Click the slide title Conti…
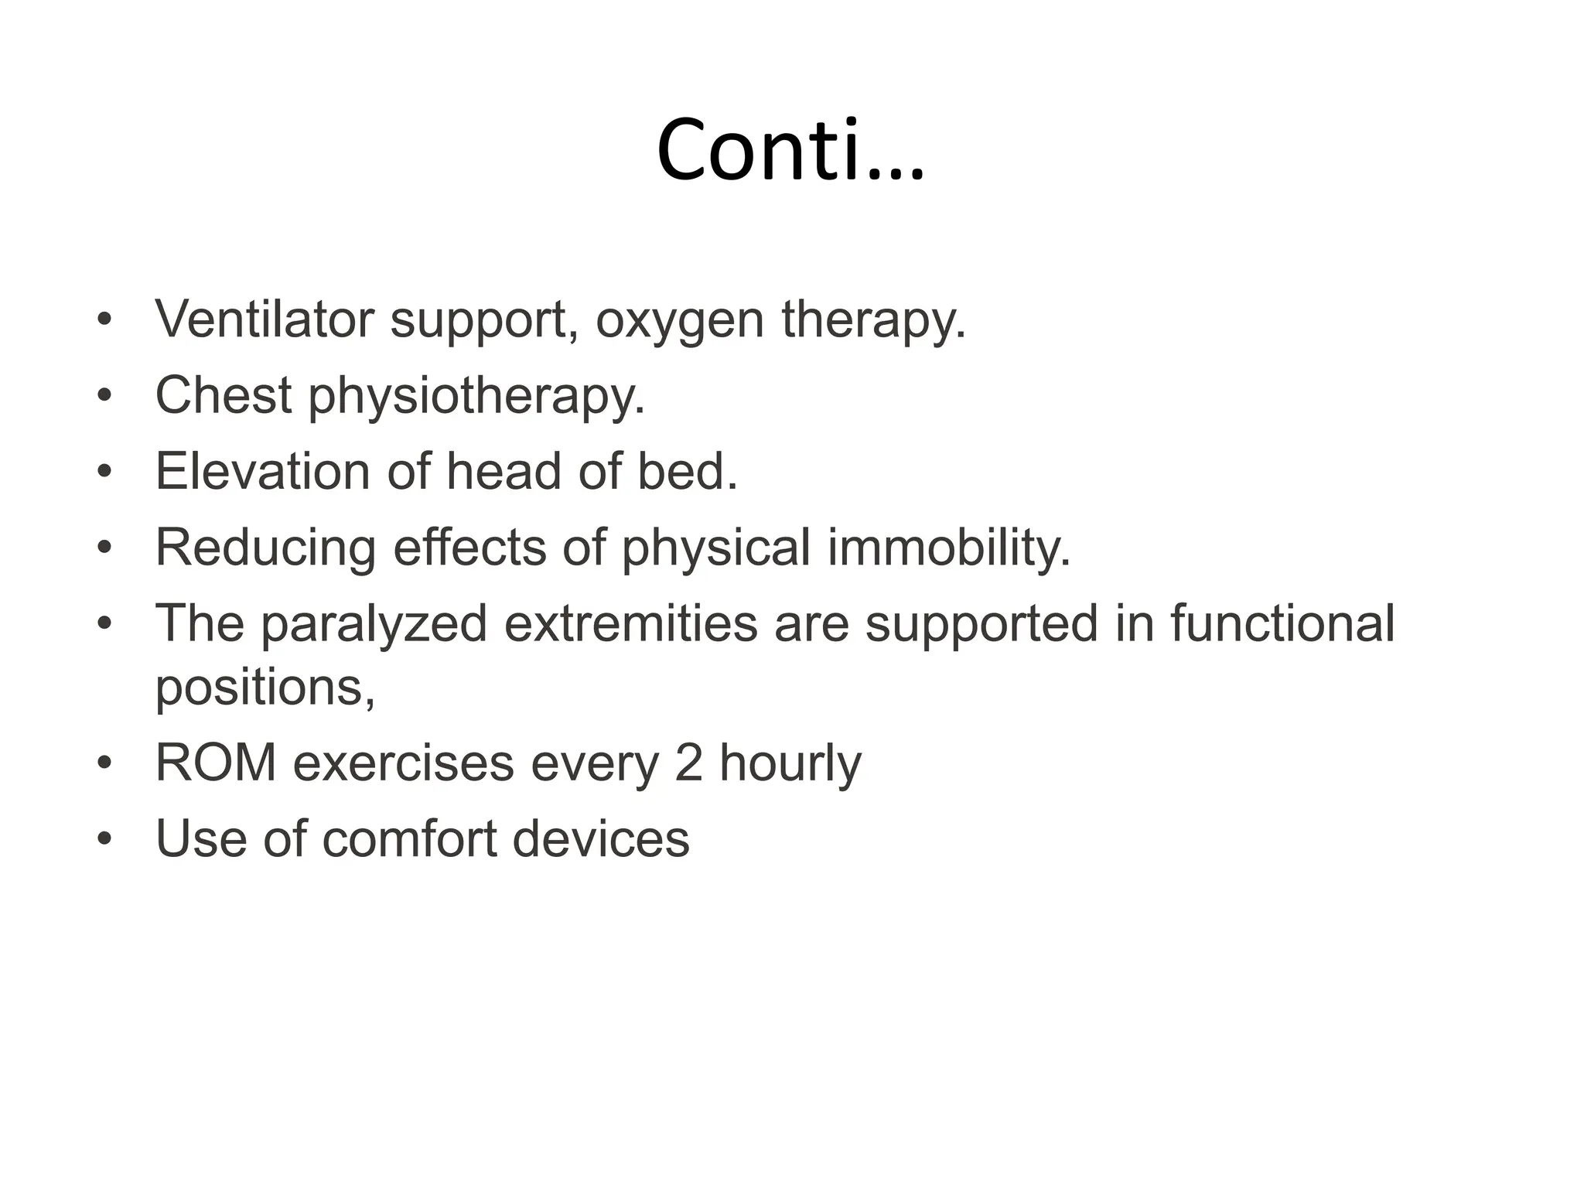790,150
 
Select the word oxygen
679,320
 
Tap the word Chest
224,394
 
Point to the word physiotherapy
476,396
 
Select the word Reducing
265,548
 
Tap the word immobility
949,548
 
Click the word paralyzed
374,623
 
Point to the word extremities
630,623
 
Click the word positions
265,687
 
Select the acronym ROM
216,763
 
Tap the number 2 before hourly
688,763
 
